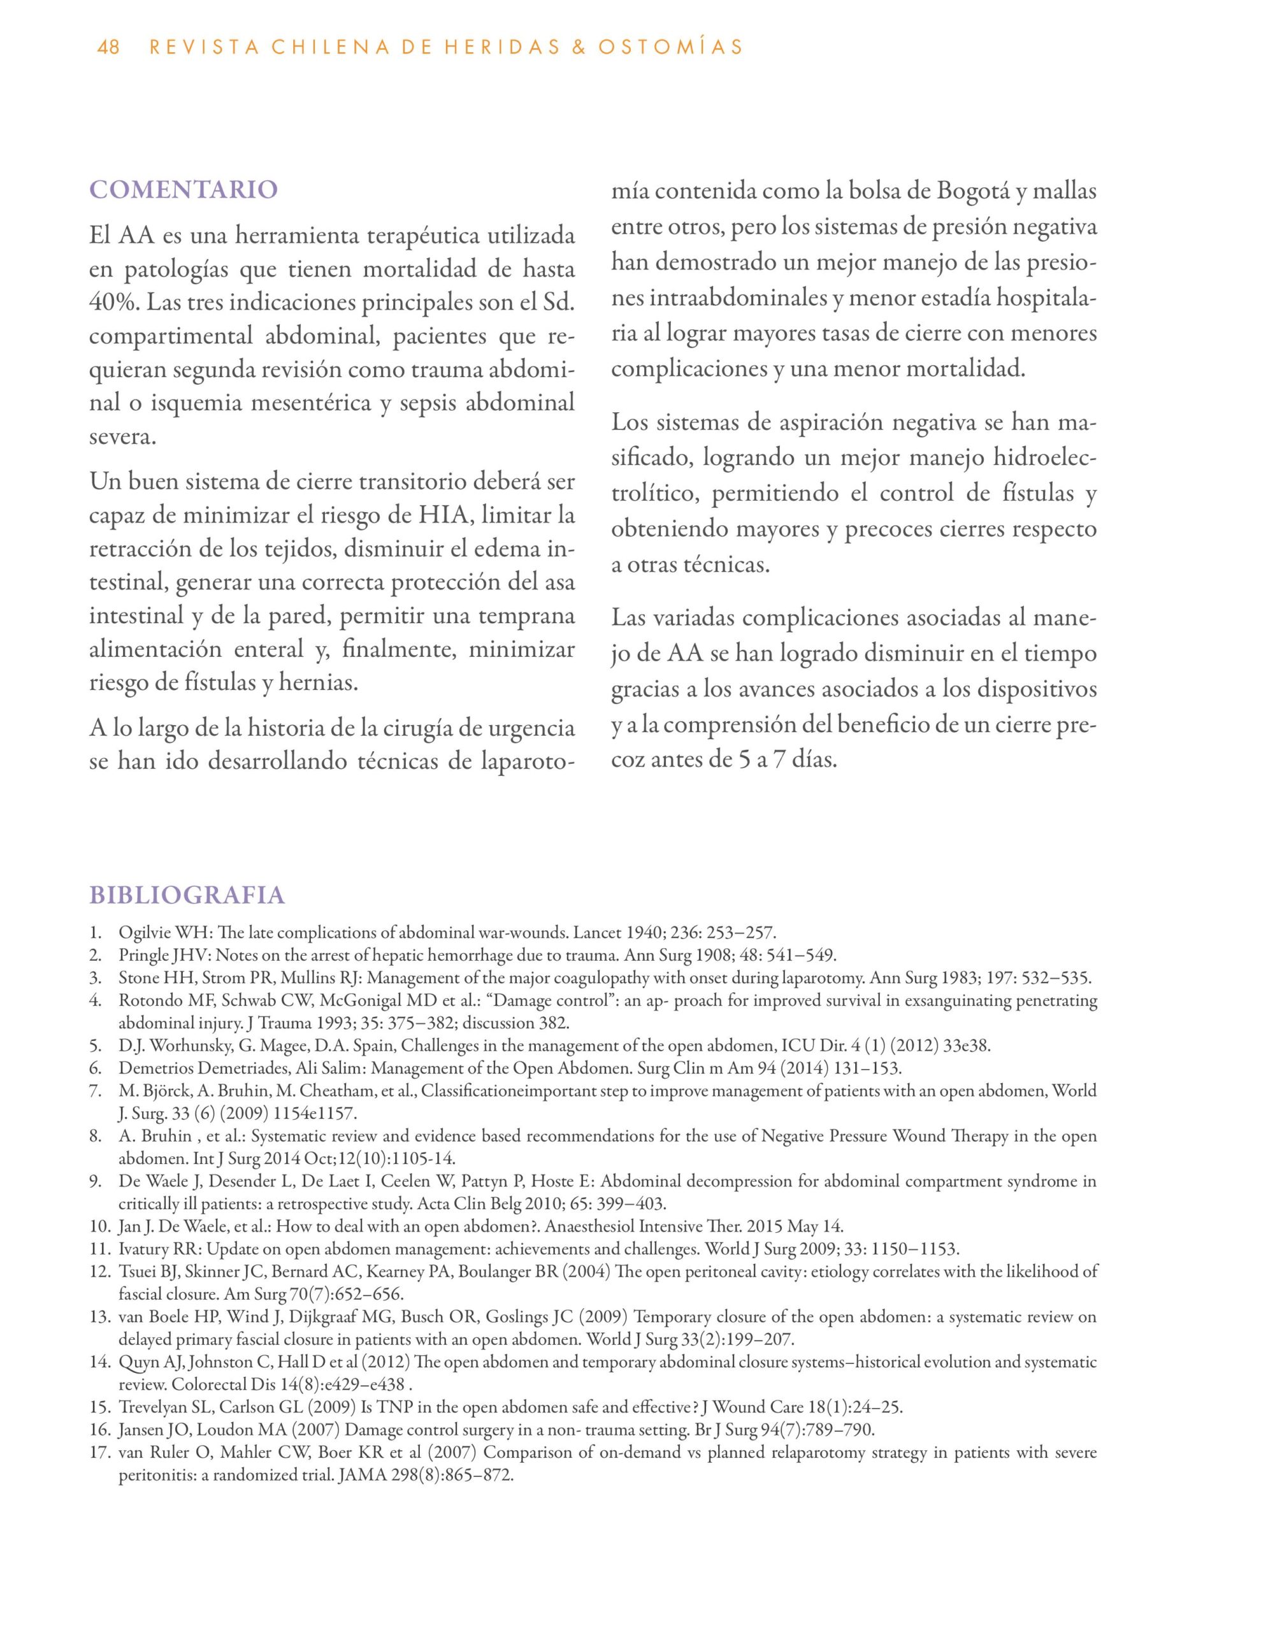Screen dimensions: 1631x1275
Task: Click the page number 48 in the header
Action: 108,48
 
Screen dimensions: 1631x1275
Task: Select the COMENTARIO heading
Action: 183,190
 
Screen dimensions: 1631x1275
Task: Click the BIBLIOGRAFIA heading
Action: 187,895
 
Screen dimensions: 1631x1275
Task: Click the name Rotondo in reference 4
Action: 147,1000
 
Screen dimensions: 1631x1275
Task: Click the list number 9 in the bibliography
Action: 95,1181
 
